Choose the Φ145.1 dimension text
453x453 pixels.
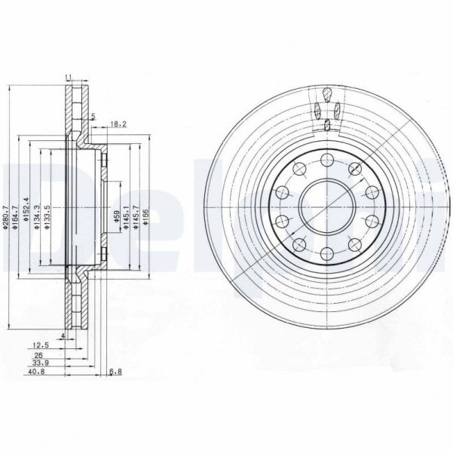(x=125, y=220)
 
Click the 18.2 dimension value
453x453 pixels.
(x=118, y=123)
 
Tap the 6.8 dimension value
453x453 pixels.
(x=115, y=372)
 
